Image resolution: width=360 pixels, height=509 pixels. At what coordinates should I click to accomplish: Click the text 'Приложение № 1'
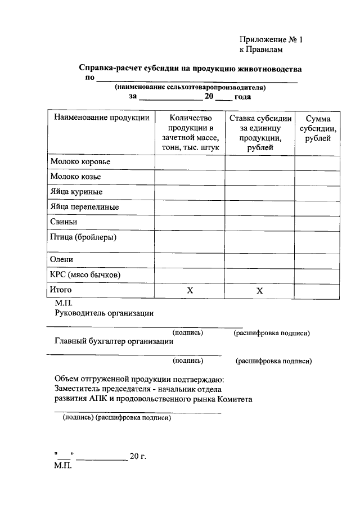(x=271, y=40)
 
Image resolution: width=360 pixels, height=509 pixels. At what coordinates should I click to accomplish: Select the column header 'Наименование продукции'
(x=102, y=118)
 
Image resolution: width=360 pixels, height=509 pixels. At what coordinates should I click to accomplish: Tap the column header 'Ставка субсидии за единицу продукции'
(x=260, y=133)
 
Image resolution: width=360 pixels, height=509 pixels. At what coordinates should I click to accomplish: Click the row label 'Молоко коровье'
(x=80, y=162)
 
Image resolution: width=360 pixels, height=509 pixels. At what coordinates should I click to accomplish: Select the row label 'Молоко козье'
(x=75, y=177)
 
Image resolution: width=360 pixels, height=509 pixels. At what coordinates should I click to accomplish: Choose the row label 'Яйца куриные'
(x=76, y=192)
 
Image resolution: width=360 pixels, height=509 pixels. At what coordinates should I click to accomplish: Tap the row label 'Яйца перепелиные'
(x=84, y=207)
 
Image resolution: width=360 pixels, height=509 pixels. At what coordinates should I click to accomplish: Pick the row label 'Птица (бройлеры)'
(x=83, y=237)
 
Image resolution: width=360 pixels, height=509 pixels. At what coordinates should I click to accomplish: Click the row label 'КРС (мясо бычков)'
(x=85, y=275)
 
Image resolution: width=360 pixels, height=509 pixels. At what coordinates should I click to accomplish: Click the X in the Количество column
(x=190, y=291)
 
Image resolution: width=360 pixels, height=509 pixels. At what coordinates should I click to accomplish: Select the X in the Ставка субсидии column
(x=260, y=291)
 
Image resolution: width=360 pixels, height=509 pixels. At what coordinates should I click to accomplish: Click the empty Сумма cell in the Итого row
(x=317, y=291)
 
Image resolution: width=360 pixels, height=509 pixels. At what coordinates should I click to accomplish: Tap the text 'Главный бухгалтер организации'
(x=114, y=341)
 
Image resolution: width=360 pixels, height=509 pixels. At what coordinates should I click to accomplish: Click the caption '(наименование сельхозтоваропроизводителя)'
(x=190, y=87)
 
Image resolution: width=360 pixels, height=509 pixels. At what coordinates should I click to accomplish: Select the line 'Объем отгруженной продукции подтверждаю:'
(x=139, y=379)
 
